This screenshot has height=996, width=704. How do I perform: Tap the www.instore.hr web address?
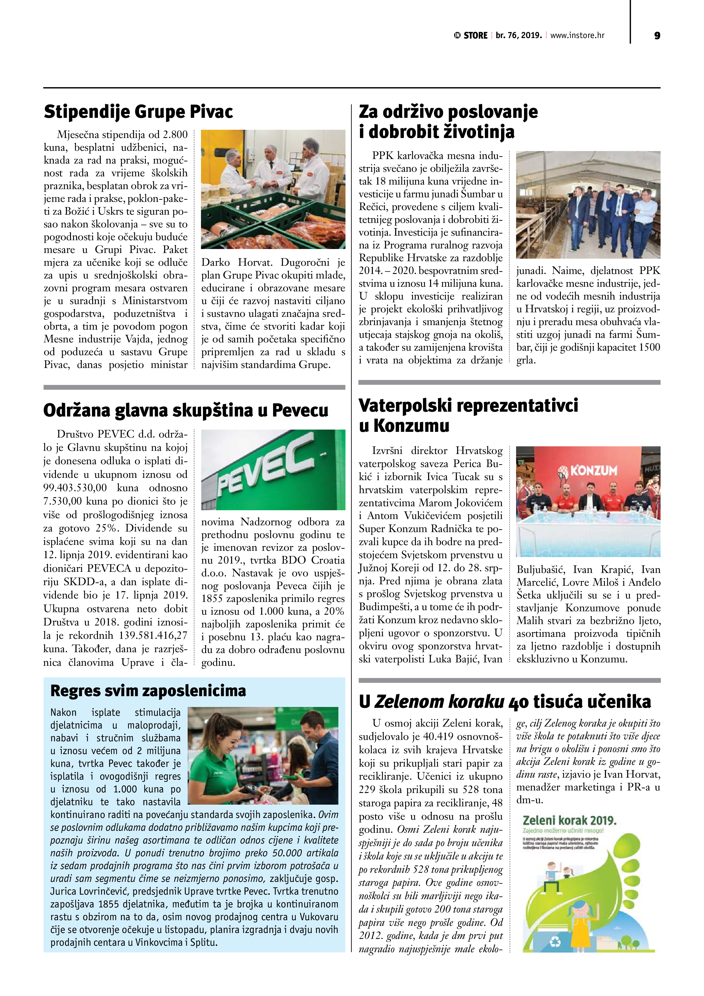(x=577, y=35)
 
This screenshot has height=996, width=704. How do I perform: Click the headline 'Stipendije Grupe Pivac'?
(x=138, y=112)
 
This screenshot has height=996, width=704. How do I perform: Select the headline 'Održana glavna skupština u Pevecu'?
(x=186, y=410)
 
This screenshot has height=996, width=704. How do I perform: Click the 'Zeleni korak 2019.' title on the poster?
(x=569, y=820)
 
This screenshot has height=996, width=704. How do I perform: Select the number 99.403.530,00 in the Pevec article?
(x=75, y=487)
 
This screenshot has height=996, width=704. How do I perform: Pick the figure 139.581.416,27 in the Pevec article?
(x=153, y=635)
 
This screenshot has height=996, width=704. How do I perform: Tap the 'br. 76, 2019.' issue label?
(x=519, y=35)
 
